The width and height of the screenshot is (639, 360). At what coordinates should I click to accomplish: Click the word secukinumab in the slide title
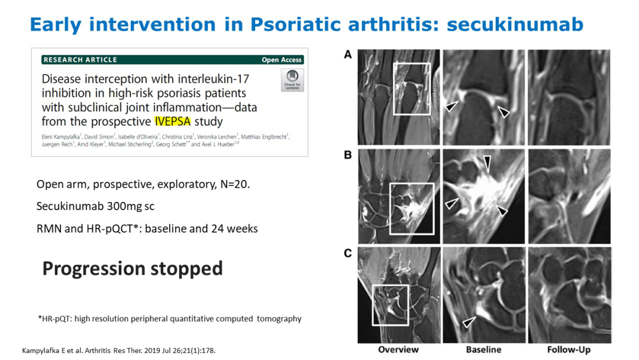click(x=515, y=24)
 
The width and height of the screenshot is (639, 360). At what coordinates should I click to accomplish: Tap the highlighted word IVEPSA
click(x=173, y=121)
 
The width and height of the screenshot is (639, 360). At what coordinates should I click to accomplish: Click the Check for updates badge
click(x=292, y=80)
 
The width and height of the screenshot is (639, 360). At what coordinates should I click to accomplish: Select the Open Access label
click(x=282, y=60)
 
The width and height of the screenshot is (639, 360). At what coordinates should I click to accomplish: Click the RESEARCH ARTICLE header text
click(x=80, y=60)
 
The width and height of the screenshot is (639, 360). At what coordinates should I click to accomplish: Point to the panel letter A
click(x=348, y=54)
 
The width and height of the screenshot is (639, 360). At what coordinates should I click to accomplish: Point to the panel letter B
click(x=348, y=155)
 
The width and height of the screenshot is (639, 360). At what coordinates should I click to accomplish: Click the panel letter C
click(x=348, y=253)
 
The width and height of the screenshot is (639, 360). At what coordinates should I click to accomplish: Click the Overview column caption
click(x=398, y=350)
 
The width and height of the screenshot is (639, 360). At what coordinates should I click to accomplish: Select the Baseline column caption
click(x=484, y=350)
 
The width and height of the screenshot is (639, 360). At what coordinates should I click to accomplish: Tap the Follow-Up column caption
click(x=569, y=350)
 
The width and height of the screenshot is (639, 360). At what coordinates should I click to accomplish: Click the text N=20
click(x=235, y=184)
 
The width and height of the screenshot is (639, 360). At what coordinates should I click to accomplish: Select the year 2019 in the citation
click(x=152, y=351)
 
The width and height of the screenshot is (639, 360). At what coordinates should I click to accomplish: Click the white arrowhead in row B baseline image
click(x=451, y=204)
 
